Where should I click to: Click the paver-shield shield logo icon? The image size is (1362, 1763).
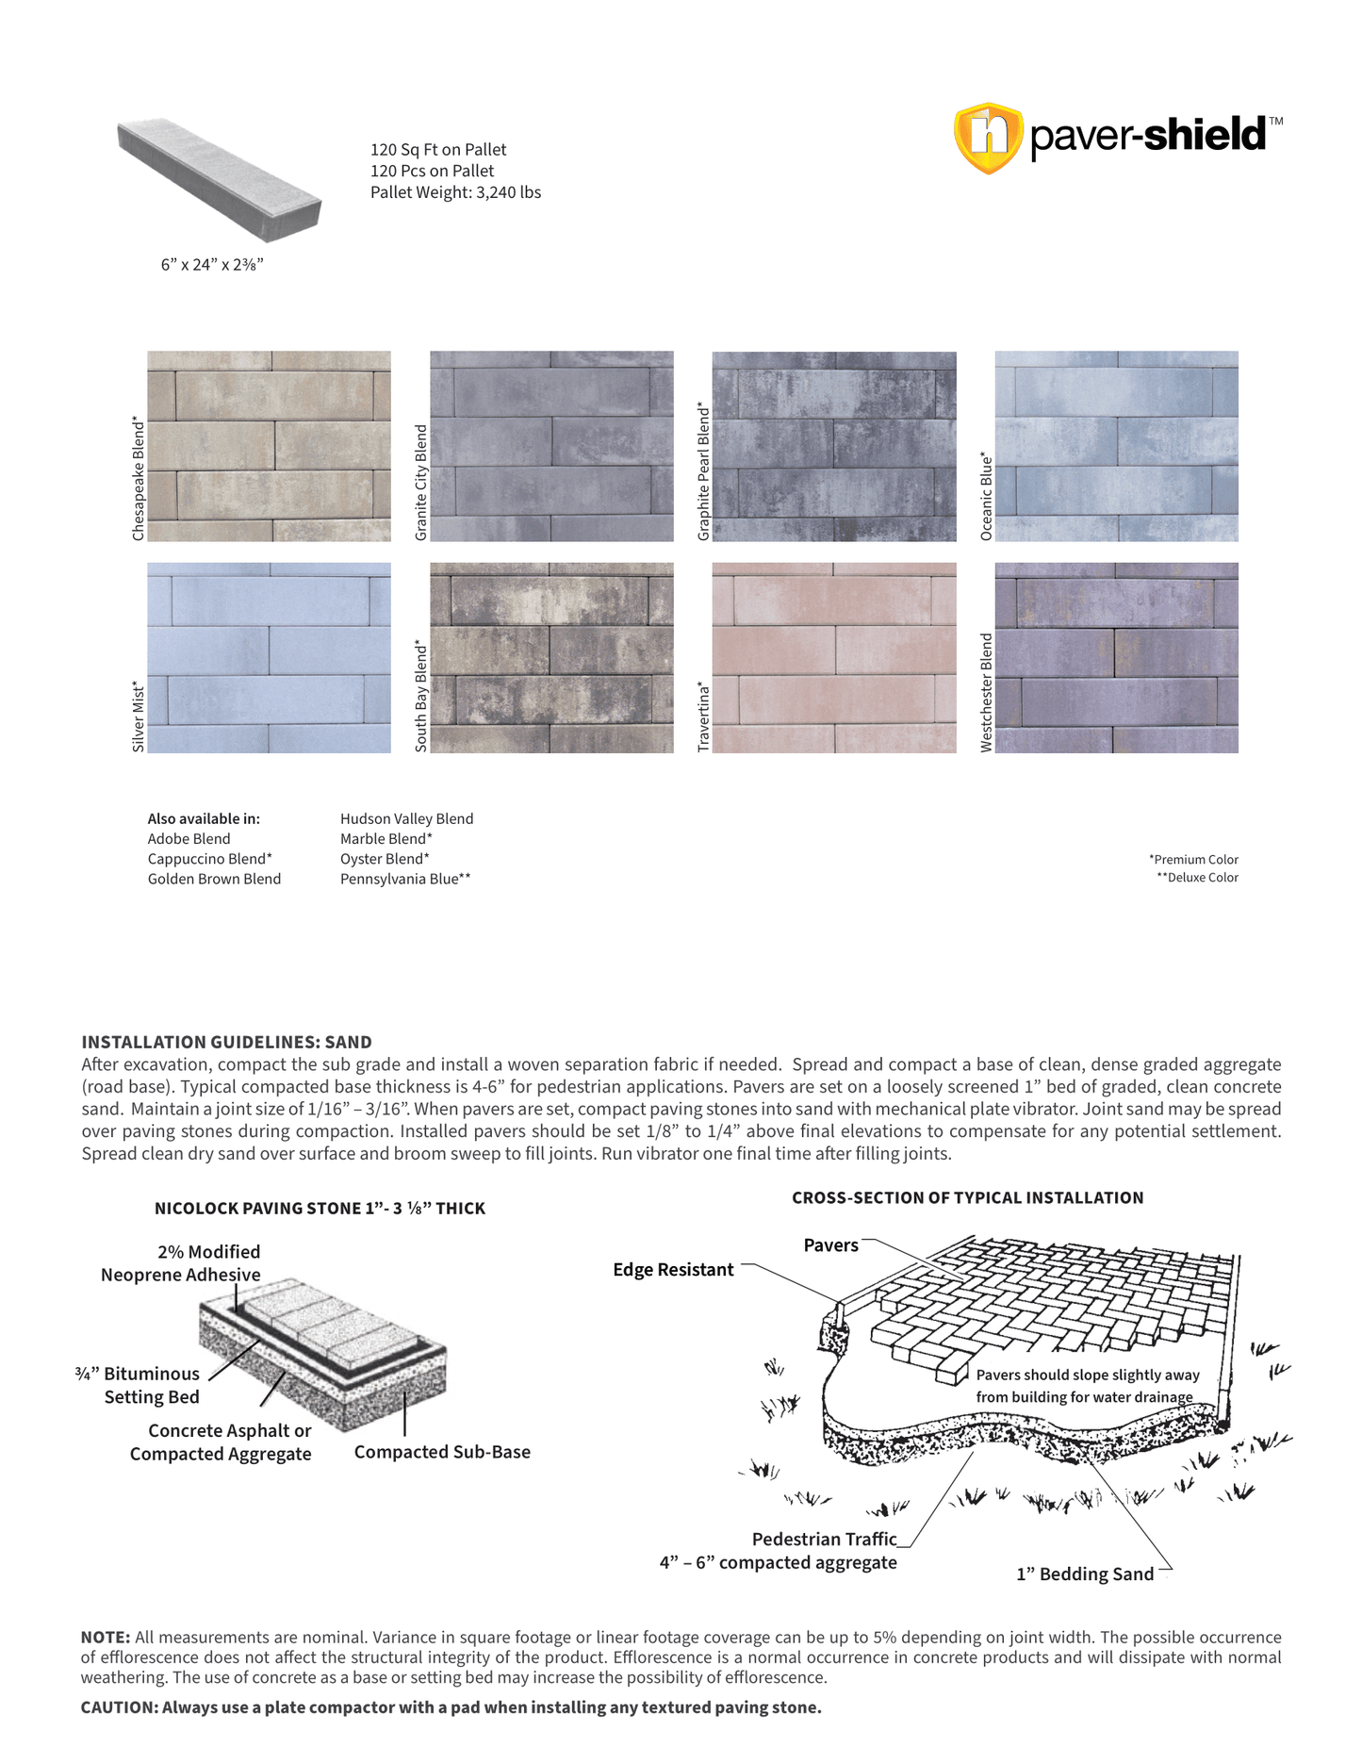(988, 138)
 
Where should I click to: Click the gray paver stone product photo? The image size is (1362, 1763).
(220, 179)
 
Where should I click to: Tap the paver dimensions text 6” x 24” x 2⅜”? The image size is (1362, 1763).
(212, 265)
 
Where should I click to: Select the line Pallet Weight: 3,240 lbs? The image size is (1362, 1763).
(455, 192)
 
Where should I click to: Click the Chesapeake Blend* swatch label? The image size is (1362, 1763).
(139, 479)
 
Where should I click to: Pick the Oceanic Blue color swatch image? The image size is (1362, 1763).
(1116, 446)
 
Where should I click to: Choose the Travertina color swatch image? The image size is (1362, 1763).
(833, 657)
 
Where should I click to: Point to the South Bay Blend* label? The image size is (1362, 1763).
(421, 697)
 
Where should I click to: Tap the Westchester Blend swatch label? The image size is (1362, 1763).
(987, 692)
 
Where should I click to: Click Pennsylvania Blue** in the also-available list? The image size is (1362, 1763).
(405, 879)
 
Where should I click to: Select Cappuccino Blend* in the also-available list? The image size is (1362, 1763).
(209, 859)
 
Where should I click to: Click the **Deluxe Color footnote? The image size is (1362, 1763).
(1197, 878)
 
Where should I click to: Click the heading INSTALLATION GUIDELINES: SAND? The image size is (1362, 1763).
(226, 1042)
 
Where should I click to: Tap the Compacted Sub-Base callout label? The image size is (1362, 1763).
(442, 1452)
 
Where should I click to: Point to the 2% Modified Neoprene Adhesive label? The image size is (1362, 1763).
(181, 1263)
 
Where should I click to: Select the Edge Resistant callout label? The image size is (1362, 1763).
(673, 1270)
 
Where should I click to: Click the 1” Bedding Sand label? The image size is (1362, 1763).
(1085, 1574)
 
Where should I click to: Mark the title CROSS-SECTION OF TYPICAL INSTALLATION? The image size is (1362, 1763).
(967, 1197)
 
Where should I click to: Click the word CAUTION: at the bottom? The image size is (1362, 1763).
(119, 1707)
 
